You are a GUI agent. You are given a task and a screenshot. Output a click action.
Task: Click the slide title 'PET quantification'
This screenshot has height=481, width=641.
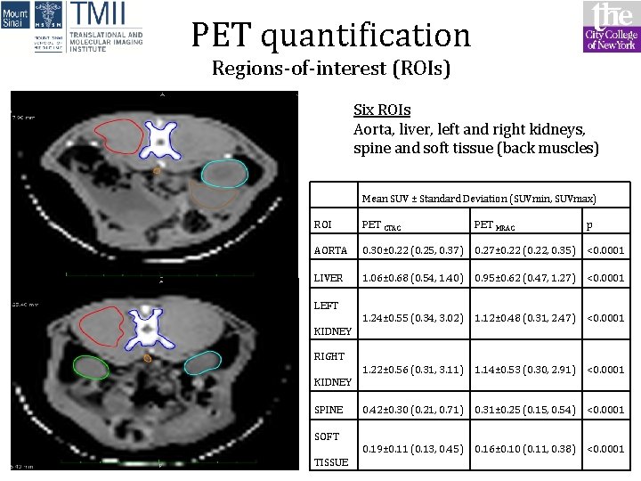(x=330, y=35)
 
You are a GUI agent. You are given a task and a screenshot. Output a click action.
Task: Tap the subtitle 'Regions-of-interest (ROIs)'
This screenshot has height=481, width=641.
(x=330, y=69)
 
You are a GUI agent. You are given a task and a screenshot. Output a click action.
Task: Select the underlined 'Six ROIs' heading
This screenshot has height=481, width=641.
(x=382, y=110)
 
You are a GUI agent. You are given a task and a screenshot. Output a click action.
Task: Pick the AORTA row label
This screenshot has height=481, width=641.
(x=329, y=250)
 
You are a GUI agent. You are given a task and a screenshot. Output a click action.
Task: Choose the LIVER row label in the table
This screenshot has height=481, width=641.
(x=329, y=278)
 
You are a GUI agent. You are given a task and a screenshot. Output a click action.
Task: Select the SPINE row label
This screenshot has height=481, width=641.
(x=329, y=410)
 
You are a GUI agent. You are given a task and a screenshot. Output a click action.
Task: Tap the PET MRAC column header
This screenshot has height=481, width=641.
(x=495, y=224)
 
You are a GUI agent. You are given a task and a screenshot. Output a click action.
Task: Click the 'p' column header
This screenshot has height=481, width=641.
(x=591, y=224)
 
